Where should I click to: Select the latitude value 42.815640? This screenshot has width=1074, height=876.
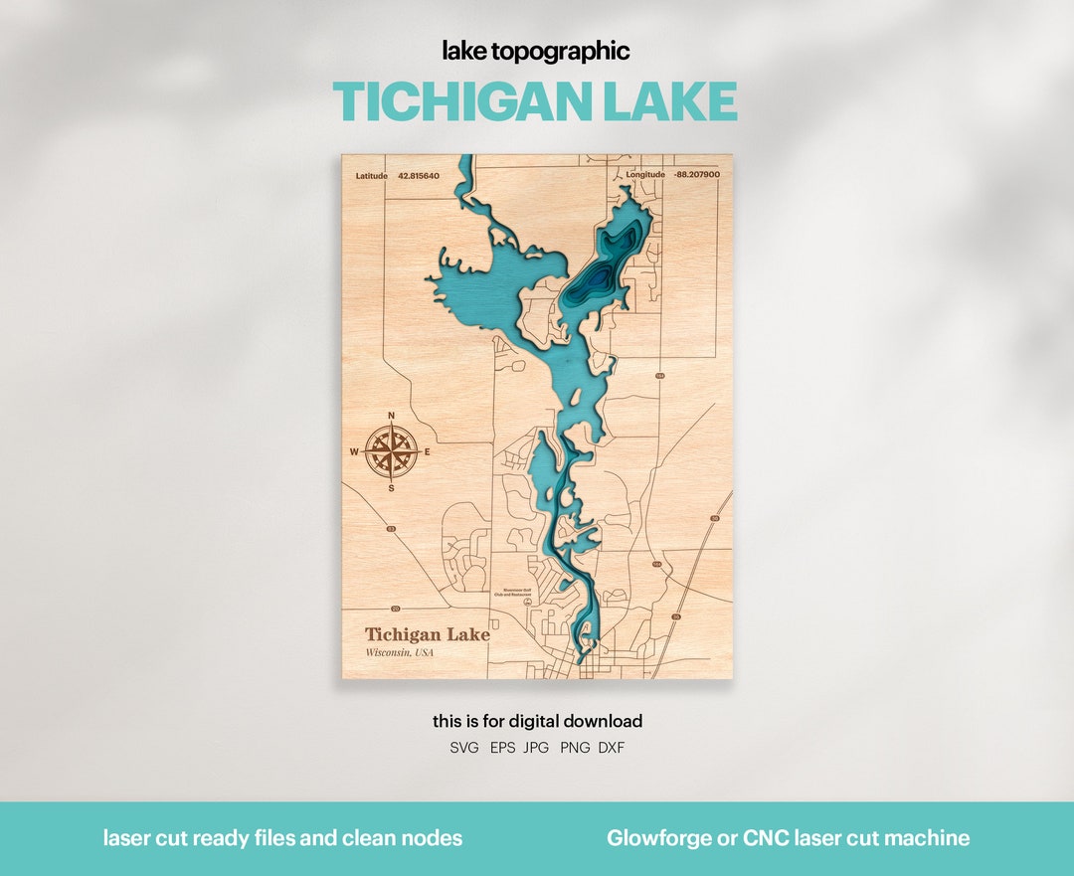(419, 176)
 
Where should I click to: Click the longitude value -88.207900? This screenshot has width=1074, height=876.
(696, 175)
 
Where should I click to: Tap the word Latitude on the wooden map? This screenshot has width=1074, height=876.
(372, 176)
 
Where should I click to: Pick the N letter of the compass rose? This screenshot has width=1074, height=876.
(391, 416)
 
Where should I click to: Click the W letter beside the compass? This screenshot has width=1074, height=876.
(353, 452)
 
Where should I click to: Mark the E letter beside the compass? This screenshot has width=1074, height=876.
(428, 452)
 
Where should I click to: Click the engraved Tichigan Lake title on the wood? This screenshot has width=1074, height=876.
(427, 634)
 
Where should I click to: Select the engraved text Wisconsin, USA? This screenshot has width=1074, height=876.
(400, 652)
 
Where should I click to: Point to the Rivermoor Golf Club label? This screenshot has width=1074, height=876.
(519, 591)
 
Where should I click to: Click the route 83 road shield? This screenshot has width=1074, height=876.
(391, 528)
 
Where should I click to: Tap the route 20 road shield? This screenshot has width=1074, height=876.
(395, 608)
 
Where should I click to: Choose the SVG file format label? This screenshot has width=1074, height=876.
(464, 748)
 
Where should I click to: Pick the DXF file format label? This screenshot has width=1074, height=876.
(612, 748)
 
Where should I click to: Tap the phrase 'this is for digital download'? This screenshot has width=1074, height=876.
(537, 721)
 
